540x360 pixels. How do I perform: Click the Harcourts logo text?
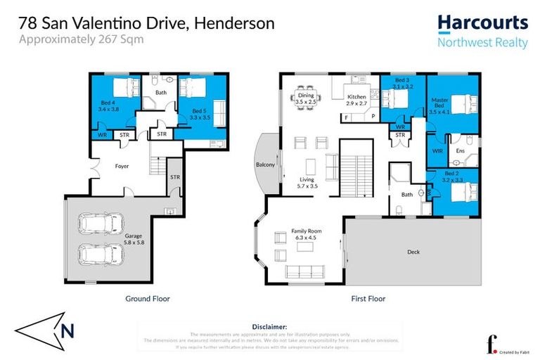click(482, 22)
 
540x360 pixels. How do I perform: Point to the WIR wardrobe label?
click(437, 150)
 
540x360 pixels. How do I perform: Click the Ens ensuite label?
click(461, 150)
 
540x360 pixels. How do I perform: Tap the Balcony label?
click(264, 165)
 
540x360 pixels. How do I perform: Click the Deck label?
click(414, 251)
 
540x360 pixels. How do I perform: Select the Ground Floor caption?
click(147, 299)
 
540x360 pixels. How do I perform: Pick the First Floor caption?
click(368, 299)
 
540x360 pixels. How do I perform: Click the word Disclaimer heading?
click(269, 327)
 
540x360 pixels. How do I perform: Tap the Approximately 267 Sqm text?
click(81, 39)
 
